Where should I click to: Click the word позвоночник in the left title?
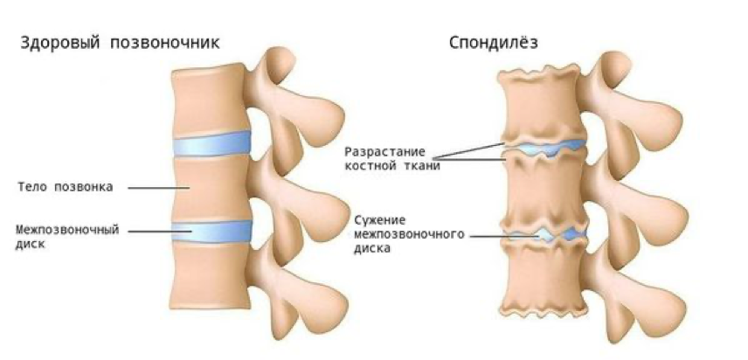click(x=166, y=42)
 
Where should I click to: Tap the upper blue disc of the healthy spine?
click(x=211, y=145)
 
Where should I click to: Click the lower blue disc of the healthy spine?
click(x=211, y=230)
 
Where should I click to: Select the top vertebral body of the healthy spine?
click(x=205, y=100)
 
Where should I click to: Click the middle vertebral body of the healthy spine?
click(x=210, y=187)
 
